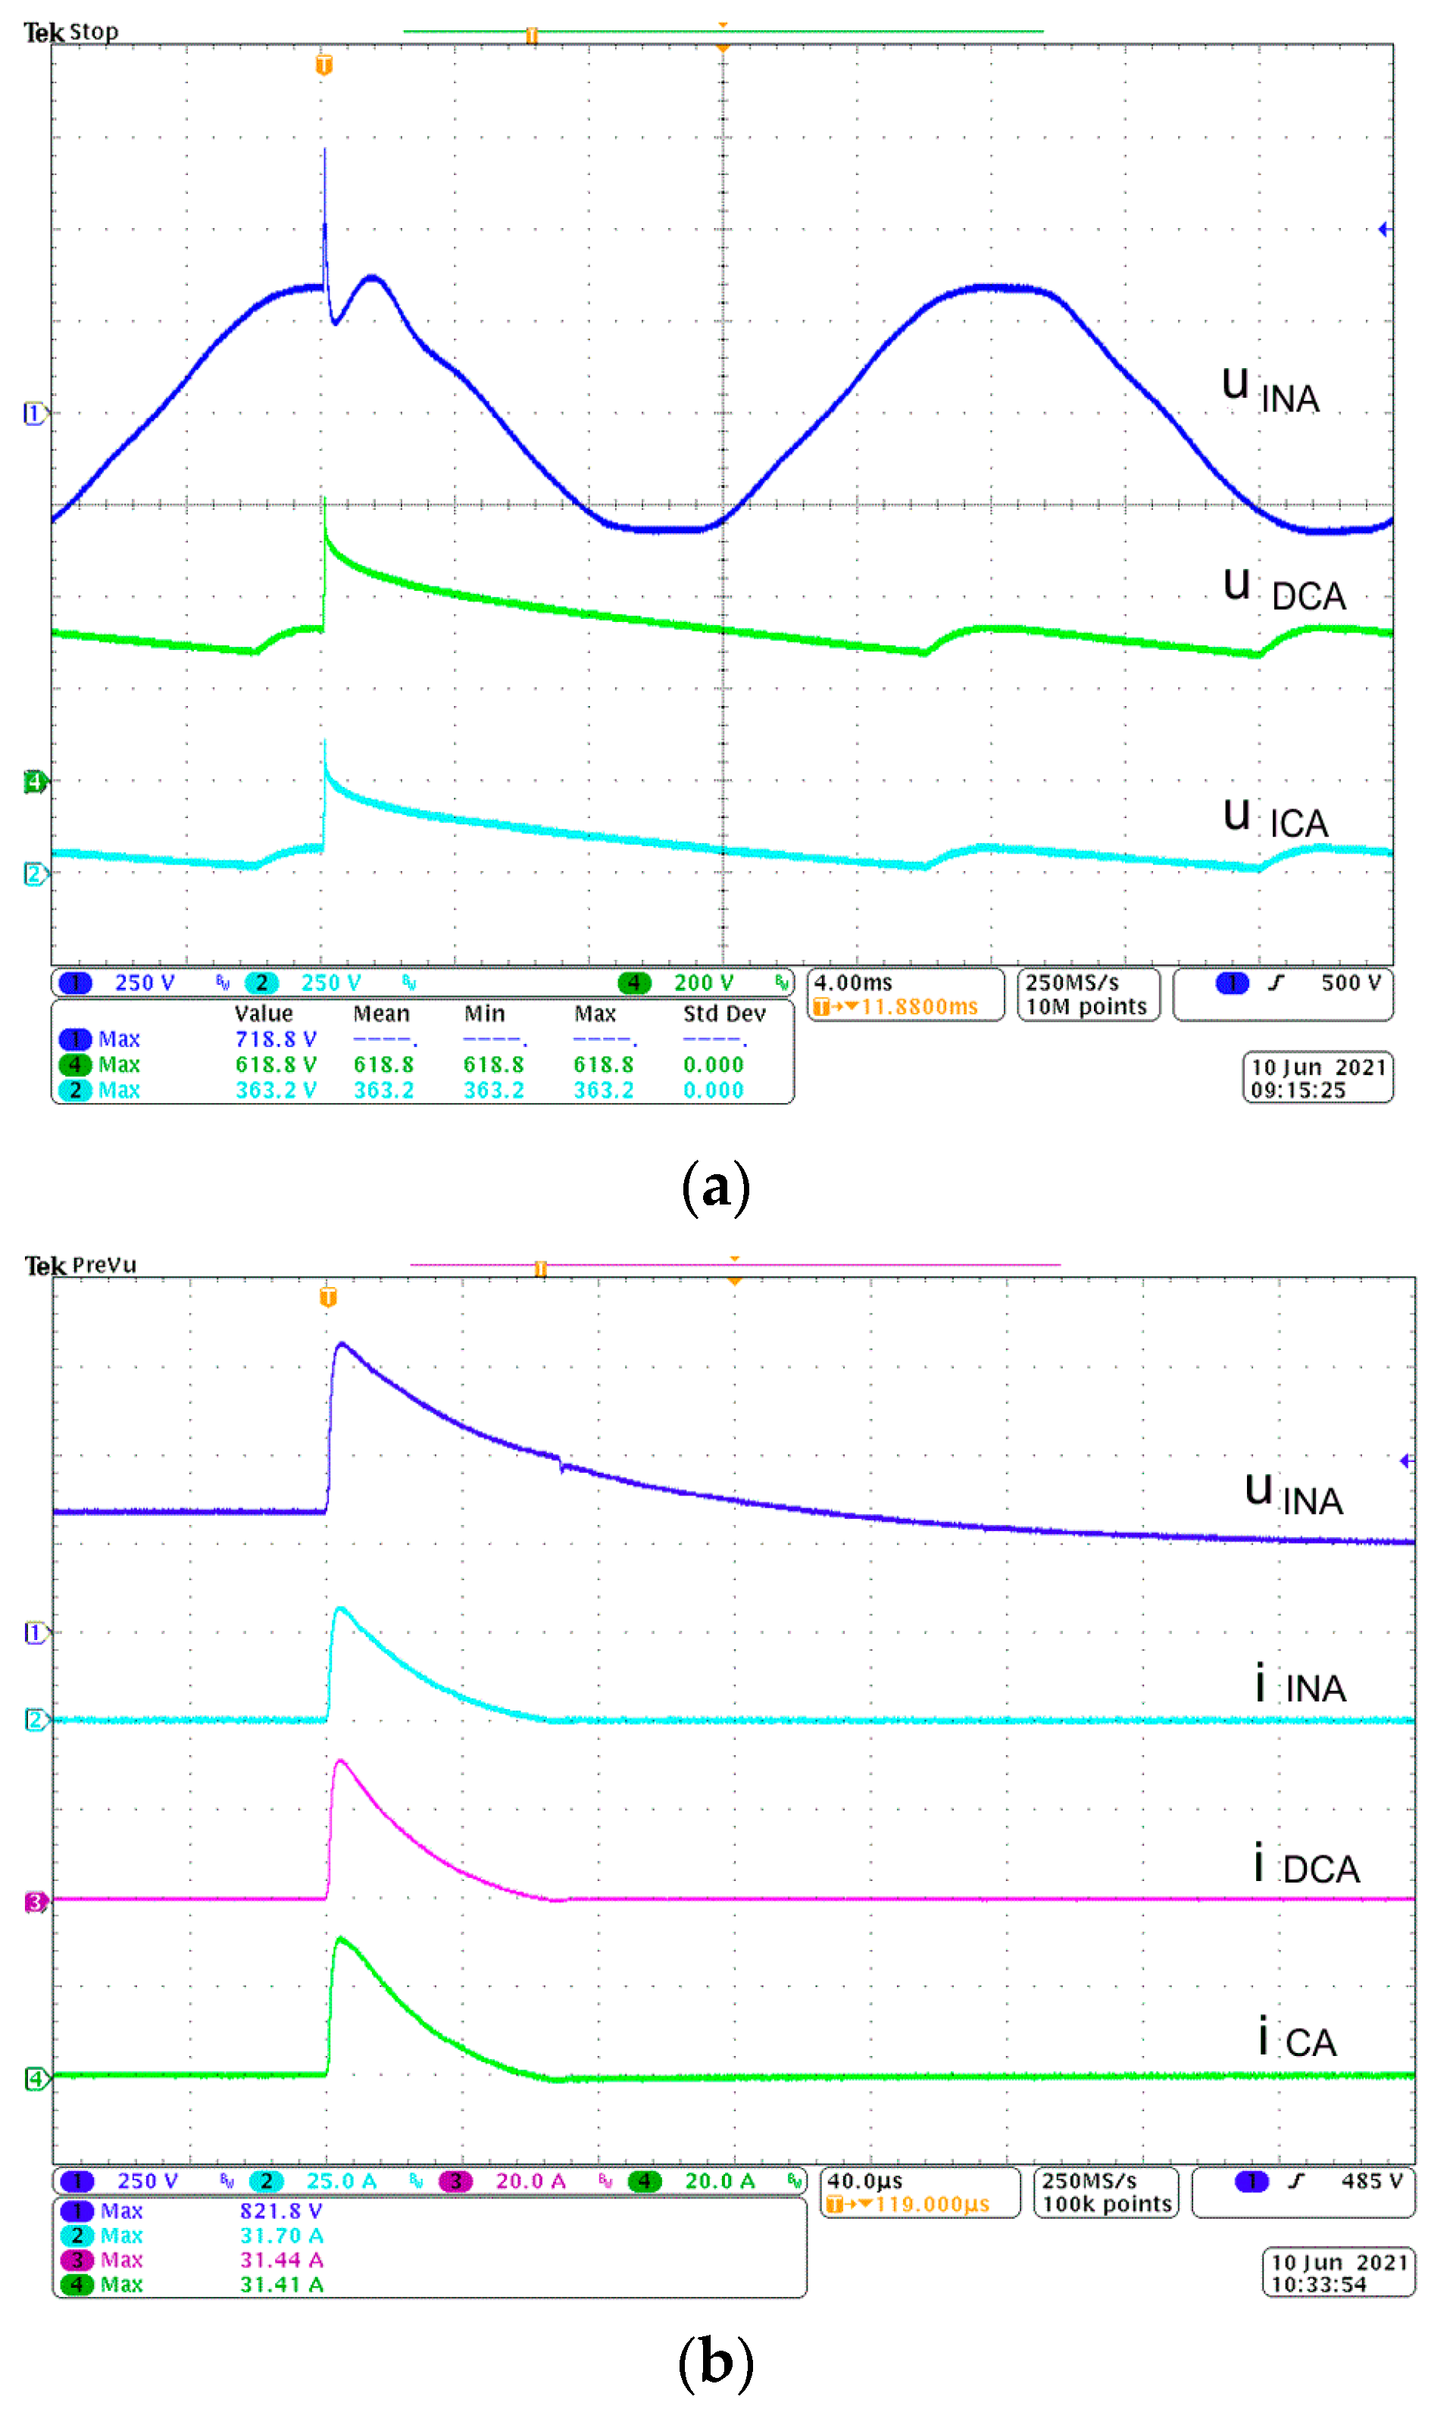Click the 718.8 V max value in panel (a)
[275, 1039]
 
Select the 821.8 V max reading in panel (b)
[281, 2211]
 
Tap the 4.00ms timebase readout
[853, 983]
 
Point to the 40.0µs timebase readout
[865, 2181]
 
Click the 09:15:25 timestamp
[1299, 1091]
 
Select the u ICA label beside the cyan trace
[1275, 819]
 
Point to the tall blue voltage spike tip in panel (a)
[325, 150]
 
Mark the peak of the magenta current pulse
[339, 1761]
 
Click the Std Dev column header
[724, 1014]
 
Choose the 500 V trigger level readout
[1351, 983]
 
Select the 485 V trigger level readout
[1371, 2181]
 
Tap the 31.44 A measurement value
[281, 2260]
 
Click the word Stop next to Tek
[94, 32]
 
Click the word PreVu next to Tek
[105, 1265]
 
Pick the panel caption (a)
[716, 1187]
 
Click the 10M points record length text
[1086, 1007]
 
